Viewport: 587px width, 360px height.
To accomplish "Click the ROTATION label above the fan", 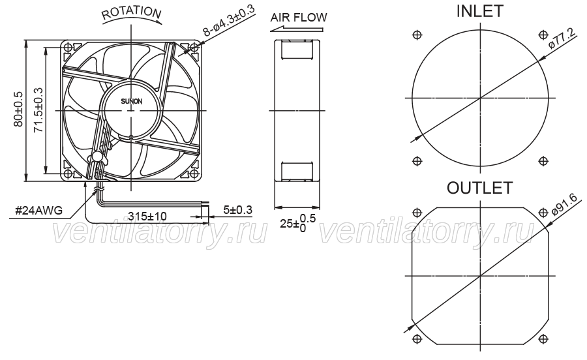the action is coord(131,13).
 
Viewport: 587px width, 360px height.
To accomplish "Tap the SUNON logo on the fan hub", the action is coord(131,101).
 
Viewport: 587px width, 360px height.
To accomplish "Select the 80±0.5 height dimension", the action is coord(18,109).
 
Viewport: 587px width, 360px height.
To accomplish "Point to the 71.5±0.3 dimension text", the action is coord(38,110).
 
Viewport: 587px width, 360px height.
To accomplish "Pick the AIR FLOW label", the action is coord(299,17).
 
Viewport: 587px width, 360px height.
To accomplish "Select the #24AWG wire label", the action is coord(38,211).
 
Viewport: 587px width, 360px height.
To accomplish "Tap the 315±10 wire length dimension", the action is coord(147,217).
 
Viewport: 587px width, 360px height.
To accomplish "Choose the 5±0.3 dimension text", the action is coord(237,210).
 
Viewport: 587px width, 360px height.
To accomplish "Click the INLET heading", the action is coord(479,11).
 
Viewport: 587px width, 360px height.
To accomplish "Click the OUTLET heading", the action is coord(479,188).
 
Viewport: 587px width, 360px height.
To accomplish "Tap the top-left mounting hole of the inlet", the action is coord(417,35).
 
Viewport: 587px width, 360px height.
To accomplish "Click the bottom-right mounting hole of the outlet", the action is coord(543,339).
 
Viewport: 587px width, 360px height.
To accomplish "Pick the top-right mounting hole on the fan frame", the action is coord(194,48).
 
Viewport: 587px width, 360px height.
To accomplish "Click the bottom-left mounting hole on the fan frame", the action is coord(68,174).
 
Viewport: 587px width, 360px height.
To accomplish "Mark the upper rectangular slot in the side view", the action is coord(297,50).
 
